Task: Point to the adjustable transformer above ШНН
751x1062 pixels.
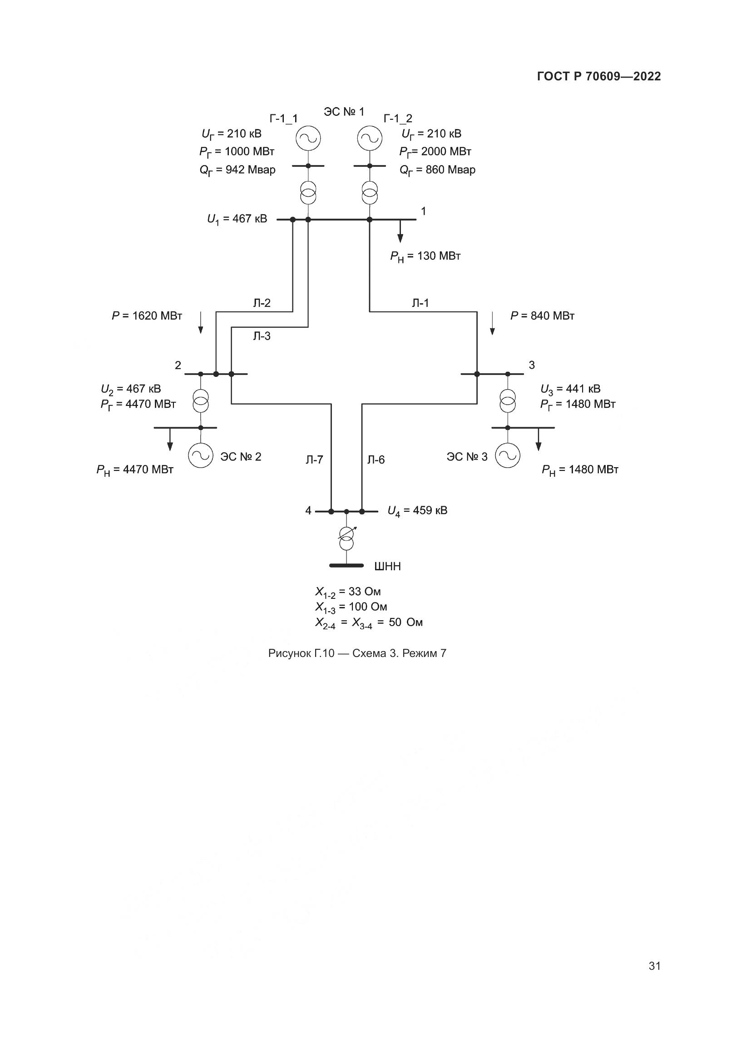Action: (x=346, y=538)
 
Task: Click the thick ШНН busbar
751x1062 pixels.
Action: (x=346, y=565)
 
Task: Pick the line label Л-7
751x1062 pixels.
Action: (x=315, y=460)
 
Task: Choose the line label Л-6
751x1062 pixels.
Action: (x=376, y=460)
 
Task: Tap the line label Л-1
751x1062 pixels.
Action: (x=420, y=303)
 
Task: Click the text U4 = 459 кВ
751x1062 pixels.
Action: (x=417, y=511)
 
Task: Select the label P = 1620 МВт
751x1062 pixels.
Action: (x=147, y=316)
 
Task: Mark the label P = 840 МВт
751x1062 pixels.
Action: (x=542, y=316)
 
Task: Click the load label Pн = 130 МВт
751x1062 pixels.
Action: (x=425, y=256)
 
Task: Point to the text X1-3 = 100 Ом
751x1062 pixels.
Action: (x=351, y=608)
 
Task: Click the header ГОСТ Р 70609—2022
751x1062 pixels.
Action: (x=599, y=76)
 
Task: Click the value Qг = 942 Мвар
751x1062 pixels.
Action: (x=237, y=170)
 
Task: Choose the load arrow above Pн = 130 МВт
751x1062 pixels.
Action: (x=400, y=231)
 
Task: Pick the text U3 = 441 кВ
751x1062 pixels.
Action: (x=570, y=389)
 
